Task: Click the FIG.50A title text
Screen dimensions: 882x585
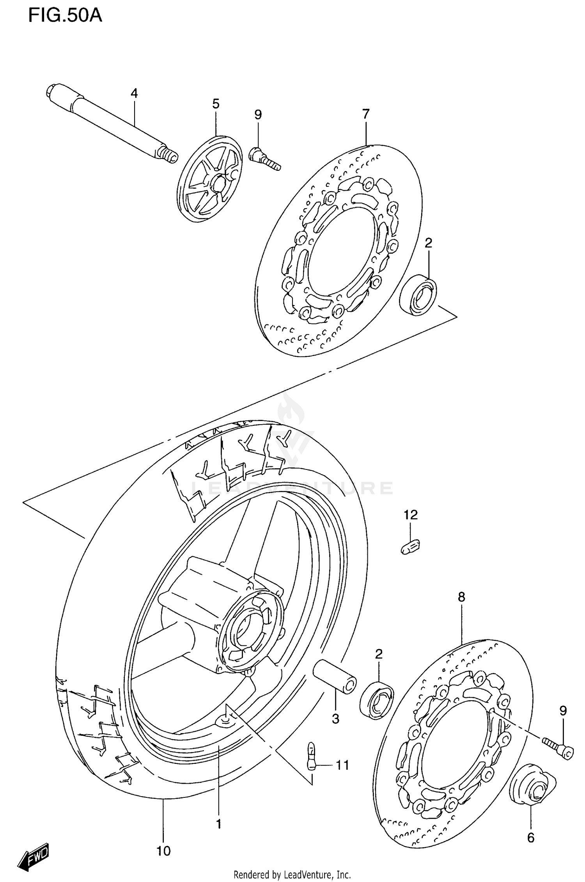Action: [x=65, y=16]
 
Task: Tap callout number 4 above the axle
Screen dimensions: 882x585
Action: [x=134, y=93]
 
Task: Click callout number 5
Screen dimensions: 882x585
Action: [x=216, y=104]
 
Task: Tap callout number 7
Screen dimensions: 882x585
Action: [x=365, y=114]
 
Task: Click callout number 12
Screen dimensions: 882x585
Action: [x=410, y=515]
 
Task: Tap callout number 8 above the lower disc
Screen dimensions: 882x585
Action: [x=461, y=597]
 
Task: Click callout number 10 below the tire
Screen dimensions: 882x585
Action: [x=163, y=851]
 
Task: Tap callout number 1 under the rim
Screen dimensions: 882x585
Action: [x=218, y=824]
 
